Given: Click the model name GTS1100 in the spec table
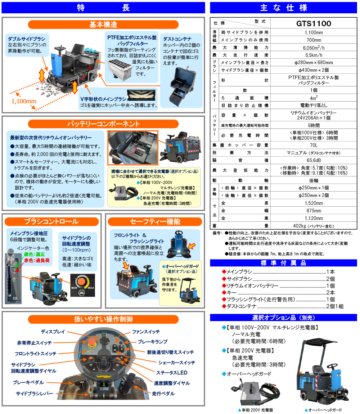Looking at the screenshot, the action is pos(314,23).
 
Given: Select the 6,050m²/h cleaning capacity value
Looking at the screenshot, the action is pos(314,48).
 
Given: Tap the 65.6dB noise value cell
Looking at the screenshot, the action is pos(314,160).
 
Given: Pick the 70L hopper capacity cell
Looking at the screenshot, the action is pos(314,145).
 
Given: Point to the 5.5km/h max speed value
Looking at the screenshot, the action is pos(314,55).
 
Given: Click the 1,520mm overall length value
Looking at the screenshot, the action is pos(314,203).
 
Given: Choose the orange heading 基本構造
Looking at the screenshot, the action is pos(103,24).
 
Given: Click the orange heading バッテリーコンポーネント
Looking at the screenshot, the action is pos(103,124).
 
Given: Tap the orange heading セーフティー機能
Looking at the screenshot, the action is pos(155,221).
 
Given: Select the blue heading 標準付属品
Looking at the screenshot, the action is pos(283,263).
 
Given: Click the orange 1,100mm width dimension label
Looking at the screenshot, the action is pos(24,101).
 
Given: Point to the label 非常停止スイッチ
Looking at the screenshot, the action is pos(34,343).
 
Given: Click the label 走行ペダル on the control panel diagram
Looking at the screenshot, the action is pos(163,393).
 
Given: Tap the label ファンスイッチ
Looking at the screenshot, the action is pos(146,332).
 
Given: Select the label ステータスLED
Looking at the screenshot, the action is pos(172,373).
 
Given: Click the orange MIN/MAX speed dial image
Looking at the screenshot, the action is pos(83,285).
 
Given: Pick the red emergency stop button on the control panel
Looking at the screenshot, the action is pos(92,342).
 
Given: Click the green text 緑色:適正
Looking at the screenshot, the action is pos(34,254).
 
